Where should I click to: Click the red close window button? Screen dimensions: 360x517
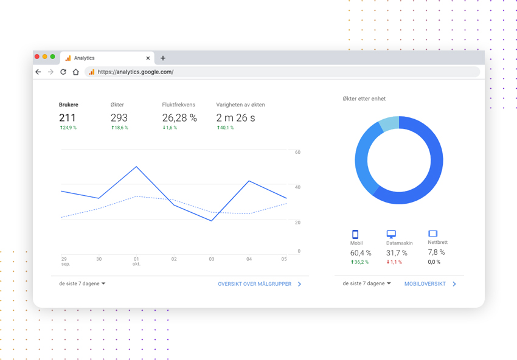click(37, 57)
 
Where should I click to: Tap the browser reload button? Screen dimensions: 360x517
click(63, 72)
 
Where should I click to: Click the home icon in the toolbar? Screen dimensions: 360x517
click(76, 72)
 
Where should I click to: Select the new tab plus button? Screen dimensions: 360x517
click(163, 58)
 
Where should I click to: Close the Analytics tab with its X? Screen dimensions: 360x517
click(148, 58)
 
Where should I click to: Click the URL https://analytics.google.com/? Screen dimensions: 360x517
click(136, 72)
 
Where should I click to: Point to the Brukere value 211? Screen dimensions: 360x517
click(68, 118)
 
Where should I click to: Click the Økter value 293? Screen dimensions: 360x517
click(119, 118)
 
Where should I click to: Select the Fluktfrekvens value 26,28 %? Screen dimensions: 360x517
click(179, 118)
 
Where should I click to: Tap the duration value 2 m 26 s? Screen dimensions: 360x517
click(235, 118)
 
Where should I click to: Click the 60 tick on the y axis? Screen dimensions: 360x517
click(297, 152)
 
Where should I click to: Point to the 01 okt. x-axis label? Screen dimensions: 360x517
click(136, 261)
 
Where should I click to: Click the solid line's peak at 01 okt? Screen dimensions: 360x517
click(136, 167)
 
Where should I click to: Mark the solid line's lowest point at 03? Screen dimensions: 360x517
click(212, 221)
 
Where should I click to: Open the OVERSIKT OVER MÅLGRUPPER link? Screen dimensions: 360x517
click(255, 284)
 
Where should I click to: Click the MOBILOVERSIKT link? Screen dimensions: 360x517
click(425, 284)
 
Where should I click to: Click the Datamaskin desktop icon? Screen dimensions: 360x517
click(391, 234)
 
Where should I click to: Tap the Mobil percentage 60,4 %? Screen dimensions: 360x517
click(361, 253)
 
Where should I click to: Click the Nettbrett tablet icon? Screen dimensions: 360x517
click(433, 234)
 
